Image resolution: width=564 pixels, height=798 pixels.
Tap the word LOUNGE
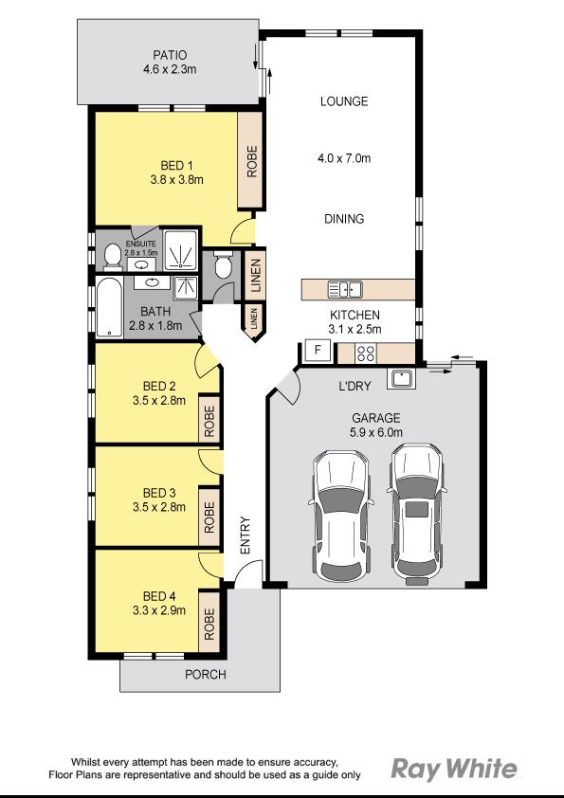coord(343,101)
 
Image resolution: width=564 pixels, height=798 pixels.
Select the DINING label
coord(343,219)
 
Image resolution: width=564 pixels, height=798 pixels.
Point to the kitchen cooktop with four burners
coord(367,354)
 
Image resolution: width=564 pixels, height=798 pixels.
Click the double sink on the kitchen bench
coord(344,289)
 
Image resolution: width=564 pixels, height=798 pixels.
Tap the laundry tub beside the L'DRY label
coord(401,379)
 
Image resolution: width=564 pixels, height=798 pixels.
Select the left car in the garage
coord(341,515)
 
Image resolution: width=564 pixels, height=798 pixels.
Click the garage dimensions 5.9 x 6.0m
coord(376,432)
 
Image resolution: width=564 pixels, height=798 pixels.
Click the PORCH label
coord(207,675)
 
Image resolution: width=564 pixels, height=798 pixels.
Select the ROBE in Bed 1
coord(251,161)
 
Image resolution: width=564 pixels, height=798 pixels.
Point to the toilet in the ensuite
coord(111,255)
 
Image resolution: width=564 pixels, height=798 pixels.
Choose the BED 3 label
coord(159,493)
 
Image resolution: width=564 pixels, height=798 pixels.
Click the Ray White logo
coord(455,768)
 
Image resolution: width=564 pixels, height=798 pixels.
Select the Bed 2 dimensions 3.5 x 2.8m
coord(159,400)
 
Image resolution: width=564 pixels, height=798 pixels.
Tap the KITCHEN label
coord(355,316)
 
